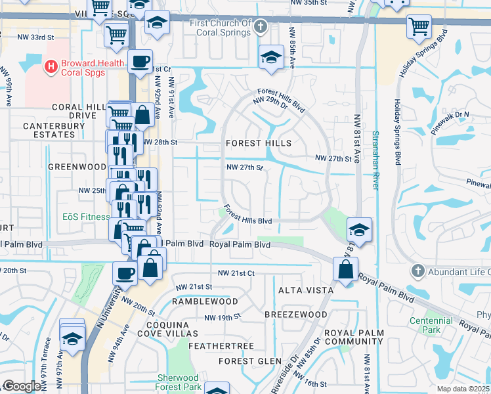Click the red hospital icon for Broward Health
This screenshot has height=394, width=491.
click(49, 66)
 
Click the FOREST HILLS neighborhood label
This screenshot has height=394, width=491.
click(258, 142)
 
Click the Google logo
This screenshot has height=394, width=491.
click(21, 386)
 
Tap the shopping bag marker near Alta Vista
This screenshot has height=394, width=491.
click(345, 268)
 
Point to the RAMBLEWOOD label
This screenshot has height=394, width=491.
click(205, 301)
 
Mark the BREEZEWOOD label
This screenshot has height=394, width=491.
click(295, 315)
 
